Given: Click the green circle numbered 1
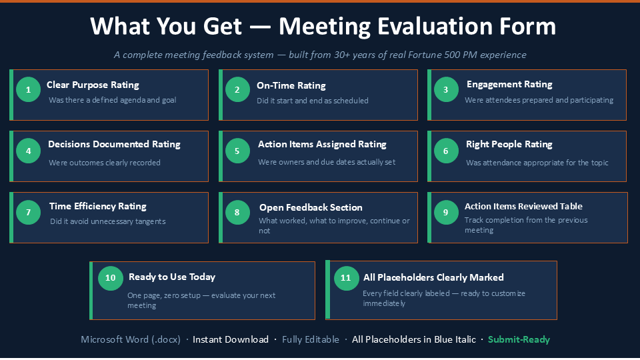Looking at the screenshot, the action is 28,89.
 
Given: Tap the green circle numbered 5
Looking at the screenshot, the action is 237,151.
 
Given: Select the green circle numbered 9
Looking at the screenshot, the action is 446,212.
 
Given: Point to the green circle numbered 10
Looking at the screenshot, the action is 110,278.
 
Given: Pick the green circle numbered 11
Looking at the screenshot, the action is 346,278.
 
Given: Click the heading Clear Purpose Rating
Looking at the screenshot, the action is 93,85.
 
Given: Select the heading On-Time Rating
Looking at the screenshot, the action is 291,86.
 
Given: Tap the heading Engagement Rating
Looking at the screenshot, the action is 509,85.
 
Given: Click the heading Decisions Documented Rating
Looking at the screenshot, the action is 114,144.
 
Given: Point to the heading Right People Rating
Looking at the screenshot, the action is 509,144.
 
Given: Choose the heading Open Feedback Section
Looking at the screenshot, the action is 311,207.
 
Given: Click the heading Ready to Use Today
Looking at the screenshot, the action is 172,277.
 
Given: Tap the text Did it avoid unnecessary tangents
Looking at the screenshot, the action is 108,221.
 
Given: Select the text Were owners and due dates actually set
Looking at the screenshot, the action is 327,162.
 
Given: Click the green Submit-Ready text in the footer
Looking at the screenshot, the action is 519,339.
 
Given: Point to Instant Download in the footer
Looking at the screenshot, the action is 231,339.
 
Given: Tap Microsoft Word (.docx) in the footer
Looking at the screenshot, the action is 131,339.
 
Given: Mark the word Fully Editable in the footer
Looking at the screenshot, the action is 311,339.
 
